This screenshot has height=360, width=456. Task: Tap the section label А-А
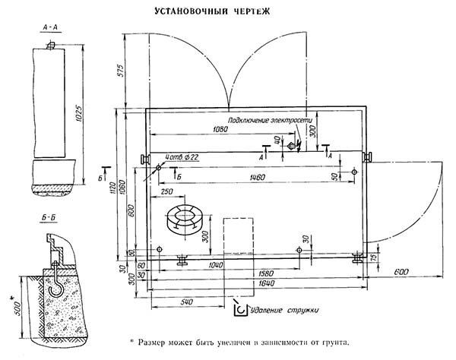[x=51, y=27]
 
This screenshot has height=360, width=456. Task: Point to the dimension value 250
[x=169, y=192]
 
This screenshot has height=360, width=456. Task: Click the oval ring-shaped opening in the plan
[x=184, y=219]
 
